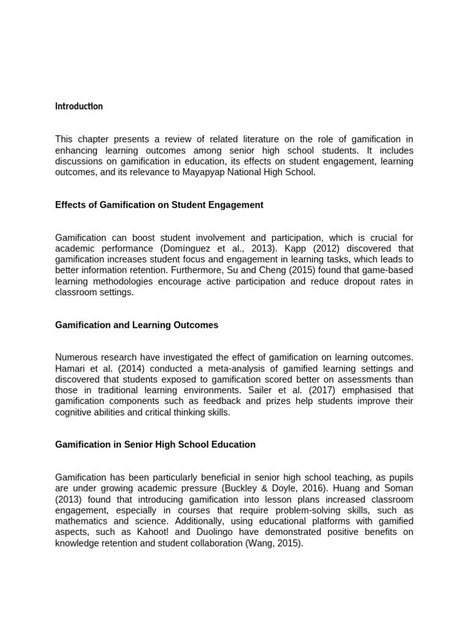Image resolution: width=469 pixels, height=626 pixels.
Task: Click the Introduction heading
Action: (x=79, y=106)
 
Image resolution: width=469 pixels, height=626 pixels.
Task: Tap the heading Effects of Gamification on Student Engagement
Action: (x=159, y=205)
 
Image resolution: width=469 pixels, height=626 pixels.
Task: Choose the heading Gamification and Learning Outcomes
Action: (x=137, y=325)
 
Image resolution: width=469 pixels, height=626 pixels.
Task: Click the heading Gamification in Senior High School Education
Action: (x=155, y=444)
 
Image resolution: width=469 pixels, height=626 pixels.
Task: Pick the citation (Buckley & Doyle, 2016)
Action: (x=283, y=488)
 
